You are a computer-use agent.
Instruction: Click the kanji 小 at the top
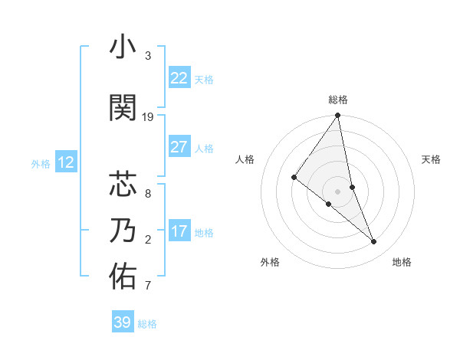click(x=123, y=47)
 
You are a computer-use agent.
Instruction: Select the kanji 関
click(x=123, y=108)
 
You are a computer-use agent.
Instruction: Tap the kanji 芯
click(x=123, y=185)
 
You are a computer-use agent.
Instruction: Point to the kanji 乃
click(x=123, y=230)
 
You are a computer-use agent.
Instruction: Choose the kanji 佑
click(x=123, y=277)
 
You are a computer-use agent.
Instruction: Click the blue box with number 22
click(x=179, y=78)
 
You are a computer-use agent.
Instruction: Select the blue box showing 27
click(x=179, y=147)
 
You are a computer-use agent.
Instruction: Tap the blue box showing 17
click(x=179, y=231)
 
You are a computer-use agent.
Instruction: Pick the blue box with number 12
click(x=66, y=162)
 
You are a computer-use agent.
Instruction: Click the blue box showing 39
click(x=122, y=322)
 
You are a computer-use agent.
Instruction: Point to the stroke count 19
click(x=148, y=117)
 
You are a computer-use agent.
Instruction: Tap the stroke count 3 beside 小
click(x=148, y=56)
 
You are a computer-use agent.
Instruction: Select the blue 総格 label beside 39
click(x=148, y=324)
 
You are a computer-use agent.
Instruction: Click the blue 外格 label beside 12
click(x=41, y=163)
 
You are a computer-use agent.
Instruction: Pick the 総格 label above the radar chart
click(x=337, y=100)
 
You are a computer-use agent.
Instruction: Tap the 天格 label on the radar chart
click(x=431, y=159)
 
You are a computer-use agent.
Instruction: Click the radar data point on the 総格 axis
click(x=337, y=116)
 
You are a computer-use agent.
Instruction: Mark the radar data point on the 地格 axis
click(x=374, y=242)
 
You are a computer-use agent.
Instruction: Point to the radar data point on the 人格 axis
click(x=294, y=177)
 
